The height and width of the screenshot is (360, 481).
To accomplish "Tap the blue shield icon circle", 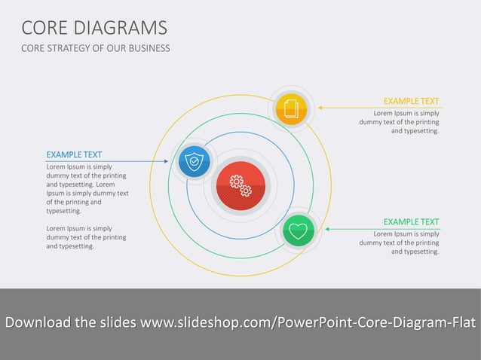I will tap(195, 161).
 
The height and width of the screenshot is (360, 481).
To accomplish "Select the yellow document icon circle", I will tap(290, 108).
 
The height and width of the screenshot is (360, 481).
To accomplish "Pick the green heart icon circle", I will tap(299, 230).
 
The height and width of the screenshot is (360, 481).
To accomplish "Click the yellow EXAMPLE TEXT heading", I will tap(410, 101).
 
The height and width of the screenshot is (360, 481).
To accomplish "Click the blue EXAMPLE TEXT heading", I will tap(74, 154).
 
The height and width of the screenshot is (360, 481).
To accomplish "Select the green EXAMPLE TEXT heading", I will tap(410, 221).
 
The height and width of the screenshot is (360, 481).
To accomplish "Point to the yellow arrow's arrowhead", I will tap(320, 108).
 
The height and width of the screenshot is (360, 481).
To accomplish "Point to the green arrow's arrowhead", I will tap(327, 229).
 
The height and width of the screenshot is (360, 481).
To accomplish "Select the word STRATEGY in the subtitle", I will tap(71, 48).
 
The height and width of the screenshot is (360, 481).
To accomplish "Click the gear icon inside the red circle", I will tap(240, 185).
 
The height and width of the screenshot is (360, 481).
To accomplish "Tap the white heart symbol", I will tap(299, 230).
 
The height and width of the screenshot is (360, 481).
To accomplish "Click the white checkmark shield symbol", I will tap(195, 161).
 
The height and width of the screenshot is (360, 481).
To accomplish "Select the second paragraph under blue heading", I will tap(86, 236).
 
